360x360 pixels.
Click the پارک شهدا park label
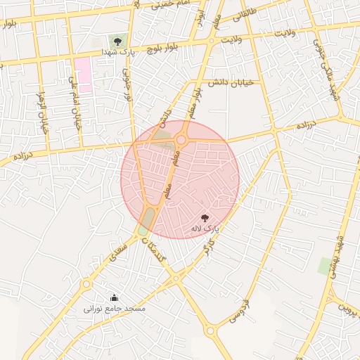117,52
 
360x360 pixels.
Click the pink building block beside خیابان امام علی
83,75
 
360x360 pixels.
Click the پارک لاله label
205,229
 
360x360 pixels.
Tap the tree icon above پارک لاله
205,219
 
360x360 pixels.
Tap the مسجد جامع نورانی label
115,308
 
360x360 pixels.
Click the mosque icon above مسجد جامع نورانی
115,297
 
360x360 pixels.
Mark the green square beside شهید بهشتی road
325,266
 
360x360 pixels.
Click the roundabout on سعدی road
86,284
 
